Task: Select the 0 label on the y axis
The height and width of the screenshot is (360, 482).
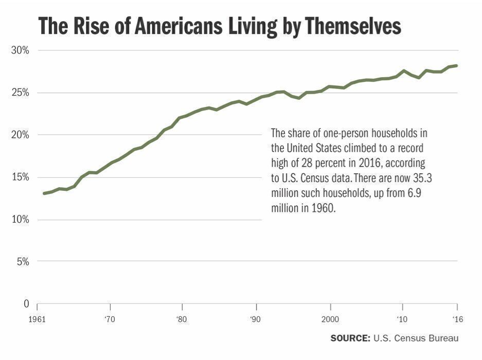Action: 26,304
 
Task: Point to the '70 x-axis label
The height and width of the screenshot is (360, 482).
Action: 109,319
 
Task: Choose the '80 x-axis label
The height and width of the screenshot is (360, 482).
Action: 182,319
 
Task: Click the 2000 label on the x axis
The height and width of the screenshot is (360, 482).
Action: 329,319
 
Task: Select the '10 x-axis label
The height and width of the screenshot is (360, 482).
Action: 402,319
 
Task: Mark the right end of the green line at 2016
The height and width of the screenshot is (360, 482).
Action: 456,65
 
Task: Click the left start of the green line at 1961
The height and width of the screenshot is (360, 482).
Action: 44,193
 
